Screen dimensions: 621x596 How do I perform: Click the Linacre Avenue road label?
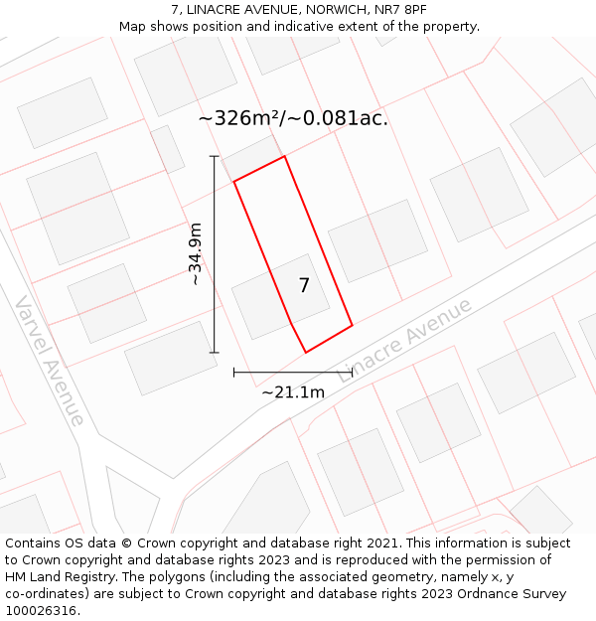(x=405, y=340)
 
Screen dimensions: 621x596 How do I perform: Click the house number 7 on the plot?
(x=304, y=285)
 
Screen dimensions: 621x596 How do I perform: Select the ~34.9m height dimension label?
(x=196, y=254)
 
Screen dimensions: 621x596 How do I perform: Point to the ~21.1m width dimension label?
(x=293, y=392)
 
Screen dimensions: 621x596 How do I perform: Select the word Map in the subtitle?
(x=133, y=27)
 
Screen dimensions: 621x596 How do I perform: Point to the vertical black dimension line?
(x=215, y=254)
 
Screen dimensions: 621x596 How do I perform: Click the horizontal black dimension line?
(x=293, y=373)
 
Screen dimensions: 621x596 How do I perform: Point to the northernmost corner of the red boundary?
(x=285, y=156)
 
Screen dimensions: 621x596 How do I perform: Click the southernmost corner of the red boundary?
(x=306, y=352)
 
